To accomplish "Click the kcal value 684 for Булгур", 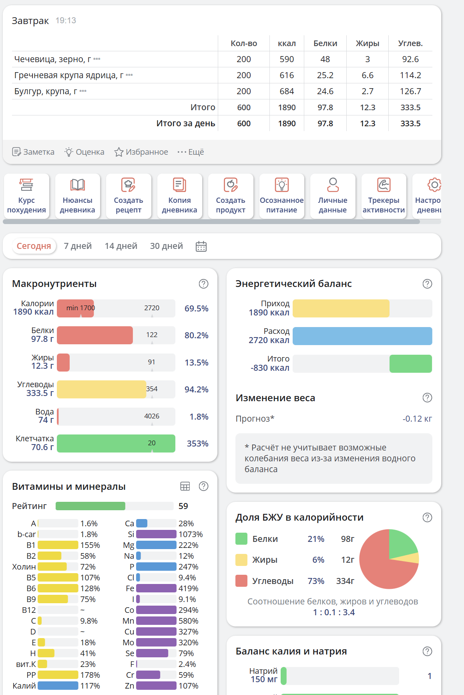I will [287, 91].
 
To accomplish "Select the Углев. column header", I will [410, 43].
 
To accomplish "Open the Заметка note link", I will [33, 152].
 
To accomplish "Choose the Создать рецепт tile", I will [129, 196].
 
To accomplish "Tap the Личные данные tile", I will [333, 196].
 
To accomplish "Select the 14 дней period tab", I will [121, 246].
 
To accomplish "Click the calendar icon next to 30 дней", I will [201, 246].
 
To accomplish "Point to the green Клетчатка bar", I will [116, 443].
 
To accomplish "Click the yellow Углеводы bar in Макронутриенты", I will [101, 389].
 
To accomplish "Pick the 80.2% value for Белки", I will [196, 335].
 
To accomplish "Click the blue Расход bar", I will [362, 336].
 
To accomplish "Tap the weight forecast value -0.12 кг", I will [417, 419].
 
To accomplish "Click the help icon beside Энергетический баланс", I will [427, 284].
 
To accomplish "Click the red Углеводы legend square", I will [241, 581].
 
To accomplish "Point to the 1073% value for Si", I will [191, 534].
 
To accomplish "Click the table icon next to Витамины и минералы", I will [185, 486].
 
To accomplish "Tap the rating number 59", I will [183, 506].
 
